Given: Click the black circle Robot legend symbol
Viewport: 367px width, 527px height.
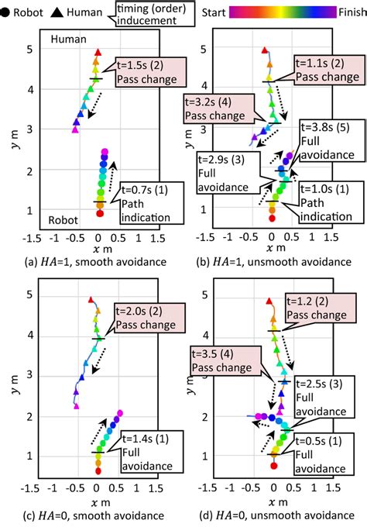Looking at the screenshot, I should coord(6,13).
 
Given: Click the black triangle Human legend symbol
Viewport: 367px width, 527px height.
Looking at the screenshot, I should coord(60,13).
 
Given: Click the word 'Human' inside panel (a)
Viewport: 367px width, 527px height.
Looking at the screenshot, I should coord(68,40).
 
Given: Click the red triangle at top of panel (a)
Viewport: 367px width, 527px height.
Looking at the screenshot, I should coord(98,53).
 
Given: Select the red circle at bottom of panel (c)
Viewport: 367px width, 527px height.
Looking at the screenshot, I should coord(98,470).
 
